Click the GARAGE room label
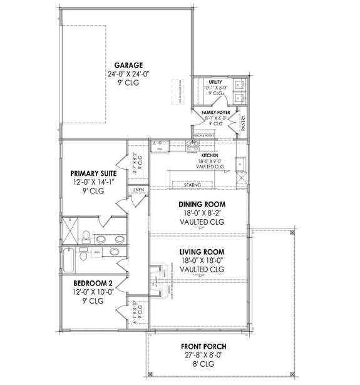pyautogui.click(x=129, y=64)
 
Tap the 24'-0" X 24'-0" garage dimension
pyautogui.click(x=129, y=74)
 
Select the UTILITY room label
pyautogui.click(x=215, y=82)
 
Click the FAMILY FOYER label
pyautogui.click(x=216, y=111)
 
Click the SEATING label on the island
pyautogui.click(x=193, y=185)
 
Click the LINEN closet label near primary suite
pyautogui.click(x=137, y=188)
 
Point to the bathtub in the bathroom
pyautogui.click(x=68, y=257)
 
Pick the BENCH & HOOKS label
pyautogui.click(x=205, y=135)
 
